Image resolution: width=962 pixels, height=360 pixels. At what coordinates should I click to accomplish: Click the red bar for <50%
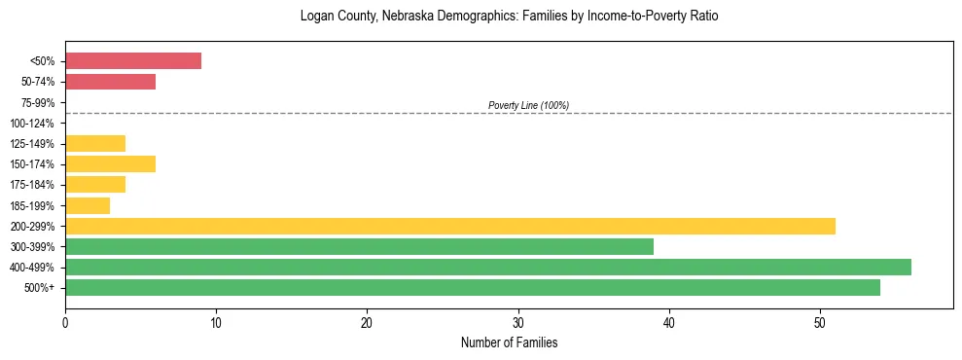pyautogui.click(x=133, y=61)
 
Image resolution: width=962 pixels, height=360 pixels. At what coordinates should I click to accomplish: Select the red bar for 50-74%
pyautogui.click(x=110, y=82)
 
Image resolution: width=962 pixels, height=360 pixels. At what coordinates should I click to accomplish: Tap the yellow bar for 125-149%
pyautogui.click(x=95, y=144)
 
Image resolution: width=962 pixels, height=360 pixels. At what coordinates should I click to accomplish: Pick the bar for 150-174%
pyautogui.click(x=110, y=164)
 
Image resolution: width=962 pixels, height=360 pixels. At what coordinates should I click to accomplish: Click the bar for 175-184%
pyautogui.click(x=95, y=185)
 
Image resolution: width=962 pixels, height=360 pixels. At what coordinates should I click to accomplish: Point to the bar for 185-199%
pyautogui.click(x=88, y=205)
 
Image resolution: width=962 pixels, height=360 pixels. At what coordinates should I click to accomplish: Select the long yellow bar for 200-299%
pyautogui.click(x=450, y=226)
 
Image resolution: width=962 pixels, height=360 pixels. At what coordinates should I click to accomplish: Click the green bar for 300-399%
pyautogui.click(x=359, y=246)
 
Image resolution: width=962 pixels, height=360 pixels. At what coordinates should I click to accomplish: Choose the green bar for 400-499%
pyautogui.click(x=488, y=267)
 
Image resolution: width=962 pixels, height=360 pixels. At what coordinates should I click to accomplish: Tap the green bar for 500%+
pyautogui.click(x=473, y=287)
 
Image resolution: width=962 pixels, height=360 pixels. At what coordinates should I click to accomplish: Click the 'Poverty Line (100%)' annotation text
pyautogui.click(x=528, y=105)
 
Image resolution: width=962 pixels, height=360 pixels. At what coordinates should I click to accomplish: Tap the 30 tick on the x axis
pyautogui.click(x=518, y=322)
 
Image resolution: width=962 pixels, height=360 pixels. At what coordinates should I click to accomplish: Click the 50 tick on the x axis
pyautogui.click(x=820, y=322)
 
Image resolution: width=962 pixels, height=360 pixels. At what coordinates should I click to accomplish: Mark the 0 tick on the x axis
pyautogui.click(x=65, y=322)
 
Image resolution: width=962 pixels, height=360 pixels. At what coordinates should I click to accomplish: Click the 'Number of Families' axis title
pyautogui.click(x=509, y=342)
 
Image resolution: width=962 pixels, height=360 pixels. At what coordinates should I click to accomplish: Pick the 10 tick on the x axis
pyautogui.click(x=216, y=322)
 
